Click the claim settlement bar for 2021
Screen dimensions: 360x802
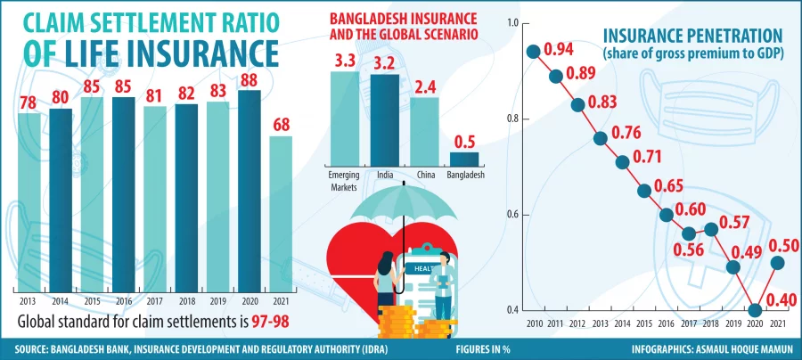point(281,214)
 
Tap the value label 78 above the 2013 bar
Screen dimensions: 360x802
point(29,102)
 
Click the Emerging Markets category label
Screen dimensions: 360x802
point(344,181)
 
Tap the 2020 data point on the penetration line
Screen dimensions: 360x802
point(757,310)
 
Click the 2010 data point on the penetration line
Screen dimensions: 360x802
point(534,52)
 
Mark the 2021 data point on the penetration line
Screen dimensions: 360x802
point(778,262)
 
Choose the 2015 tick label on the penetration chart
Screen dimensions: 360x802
point(644,323)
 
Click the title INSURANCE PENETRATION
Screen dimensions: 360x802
point(693,37)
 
